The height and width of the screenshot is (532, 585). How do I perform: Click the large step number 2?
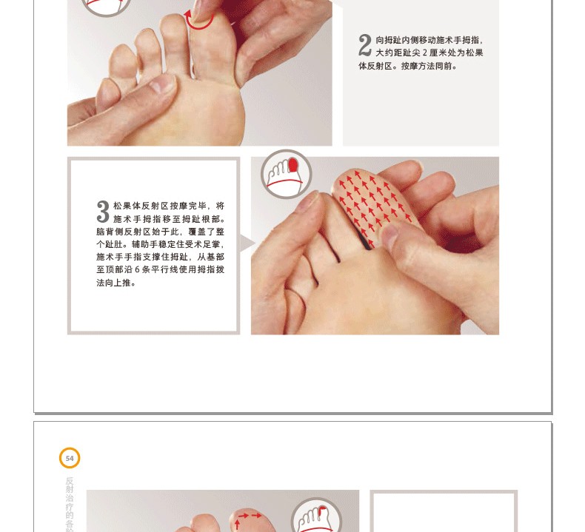(x=365, y=45)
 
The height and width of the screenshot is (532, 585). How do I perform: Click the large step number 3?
(x=103, y=212)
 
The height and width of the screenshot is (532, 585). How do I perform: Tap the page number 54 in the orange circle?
(x=70, y=458)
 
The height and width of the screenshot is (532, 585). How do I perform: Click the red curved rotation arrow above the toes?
(x=198, y=21)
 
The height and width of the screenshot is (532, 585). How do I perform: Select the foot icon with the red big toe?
(x=286, y=175)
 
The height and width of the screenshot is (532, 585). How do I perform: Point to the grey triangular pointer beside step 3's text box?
(x=247, y=243)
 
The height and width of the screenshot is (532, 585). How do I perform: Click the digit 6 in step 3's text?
(x=137, y=269)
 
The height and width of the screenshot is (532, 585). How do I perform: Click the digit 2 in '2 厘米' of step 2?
(x=424, y=53)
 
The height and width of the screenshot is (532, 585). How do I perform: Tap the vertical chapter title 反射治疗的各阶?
(x=70, y=504)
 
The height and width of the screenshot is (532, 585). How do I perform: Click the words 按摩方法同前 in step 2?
(x=429, y=67)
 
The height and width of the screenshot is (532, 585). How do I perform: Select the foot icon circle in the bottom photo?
(x=316, y=516)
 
